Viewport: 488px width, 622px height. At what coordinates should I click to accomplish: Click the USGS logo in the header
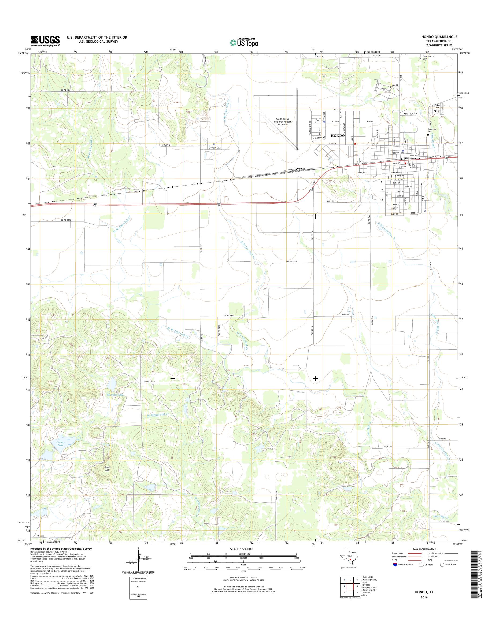click(x=45, y=41)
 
